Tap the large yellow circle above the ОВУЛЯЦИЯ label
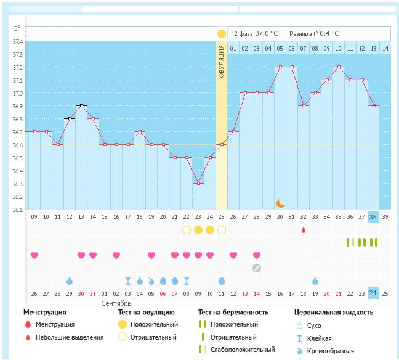[x=222, y=33]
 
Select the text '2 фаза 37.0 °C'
[x=256, y=33]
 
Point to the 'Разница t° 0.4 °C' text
[x=313, y=33]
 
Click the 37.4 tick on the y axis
[x=16, y=41]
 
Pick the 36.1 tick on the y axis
[x=16, y=210]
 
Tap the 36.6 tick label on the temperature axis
[x=16, y=145]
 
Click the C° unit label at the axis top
[x=16, y=28]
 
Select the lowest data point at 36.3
[x=198, y=183]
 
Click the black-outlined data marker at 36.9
[x=81, y=105]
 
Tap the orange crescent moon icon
[x=280, y=203]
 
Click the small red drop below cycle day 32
[x=303, y=230]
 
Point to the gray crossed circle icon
[x=257, y=268]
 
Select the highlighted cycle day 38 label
[x=373, y=216]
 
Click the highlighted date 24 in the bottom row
[x=373, y=293]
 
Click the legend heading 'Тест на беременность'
[x=236, y=313]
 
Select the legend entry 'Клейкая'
[x=319, y=338]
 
